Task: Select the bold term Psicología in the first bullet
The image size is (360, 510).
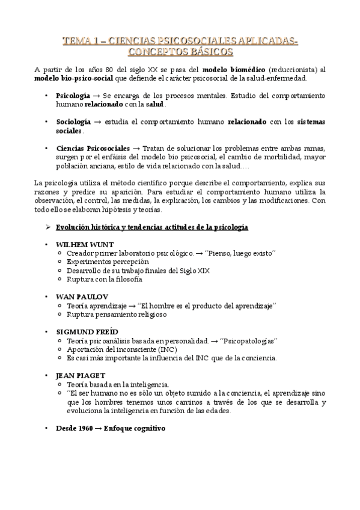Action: pos(73,96)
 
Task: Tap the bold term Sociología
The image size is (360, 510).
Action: pos(74,121)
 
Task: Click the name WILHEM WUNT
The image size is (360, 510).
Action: pos(84,245)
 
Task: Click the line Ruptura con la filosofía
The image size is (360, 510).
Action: pos(105,280)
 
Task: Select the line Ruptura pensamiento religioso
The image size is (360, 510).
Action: pos(117,314)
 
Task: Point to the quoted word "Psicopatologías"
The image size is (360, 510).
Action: pos(248,340)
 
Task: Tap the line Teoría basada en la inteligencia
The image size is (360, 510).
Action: pos(118,384)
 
